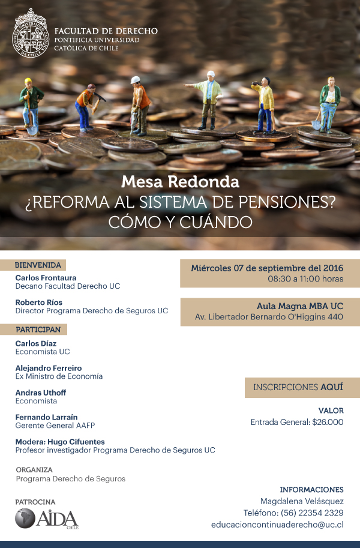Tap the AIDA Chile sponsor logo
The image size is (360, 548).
pos(46,518)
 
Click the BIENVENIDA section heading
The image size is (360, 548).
pos(38,265)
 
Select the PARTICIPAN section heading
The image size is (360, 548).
pos(38,330)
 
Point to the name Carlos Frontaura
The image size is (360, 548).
pos(45,278)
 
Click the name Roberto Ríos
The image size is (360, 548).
pos(38,303)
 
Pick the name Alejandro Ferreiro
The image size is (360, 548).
pos(49,368)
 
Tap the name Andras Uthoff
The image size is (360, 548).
pos(41,393)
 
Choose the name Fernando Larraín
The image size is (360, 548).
pos(46,417)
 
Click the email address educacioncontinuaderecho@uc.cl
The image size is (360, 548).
pos(277,525)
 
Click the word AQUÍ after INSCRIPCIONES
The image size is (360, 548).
pos(331,387)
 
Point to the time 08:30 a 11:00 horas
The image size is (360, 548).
pos(305,279)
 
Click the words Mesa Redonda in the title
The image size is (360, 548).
pos(180,181)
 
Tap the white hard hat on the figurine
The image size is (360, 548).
pos(136,80)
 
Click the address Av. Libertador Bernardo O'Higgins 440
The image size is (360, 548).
pos(269,317)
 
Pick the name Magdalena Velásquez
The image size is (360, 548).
pos(301,501)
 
